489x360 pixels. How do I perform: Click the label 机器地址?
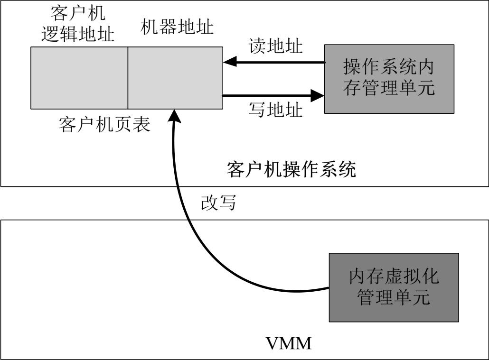[177, 27]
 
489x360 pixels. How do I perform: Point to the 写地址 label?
[275, 110]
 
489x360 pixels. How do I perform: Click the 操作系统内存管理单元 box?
[389, 79]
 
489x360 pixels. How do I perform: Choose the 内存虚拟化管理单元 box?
[394, 287]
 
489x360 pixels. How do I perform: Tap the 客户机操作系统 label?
[291, 169]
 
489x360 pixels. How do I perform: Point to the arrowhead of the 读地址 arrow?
[229, 62]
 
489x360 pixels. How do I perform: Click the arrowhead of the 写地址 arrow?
[317, 95]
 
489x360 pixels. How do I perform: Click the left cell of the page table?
[79, 78]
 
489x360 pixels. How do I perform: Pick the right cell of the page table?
[175, 78]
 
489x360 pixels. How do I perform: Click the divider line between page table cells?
[128, 78]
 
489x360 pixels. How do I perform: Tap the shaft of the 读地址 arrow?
[280, 62]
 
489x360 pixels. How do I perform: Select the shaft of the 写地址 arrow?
[266, 95]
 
